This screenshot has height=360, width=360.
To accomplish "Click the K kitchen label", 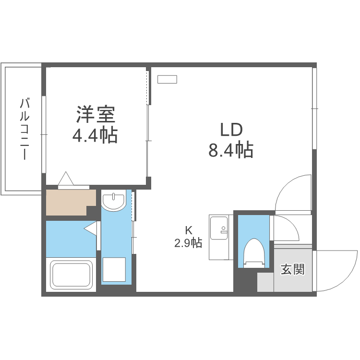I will pos(189,229).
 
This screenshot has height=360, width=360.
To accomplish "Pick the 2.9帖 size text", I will pos(188,243).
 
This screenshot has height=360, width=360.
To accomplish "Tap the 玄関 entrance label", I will pos(292,269).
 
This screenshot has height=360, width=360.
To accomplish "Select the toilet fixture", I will pos(254,252).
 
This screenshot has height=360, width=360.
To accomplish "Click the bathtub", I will pos(72,274).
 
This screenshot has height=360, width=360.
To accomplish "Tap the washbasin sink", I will pos(114,201).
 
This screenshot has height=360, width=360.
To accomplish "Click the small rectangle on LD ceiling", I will pos(168,79).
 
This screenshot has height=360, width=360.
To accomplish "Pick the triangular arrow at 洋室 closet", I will pos(66,179).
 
